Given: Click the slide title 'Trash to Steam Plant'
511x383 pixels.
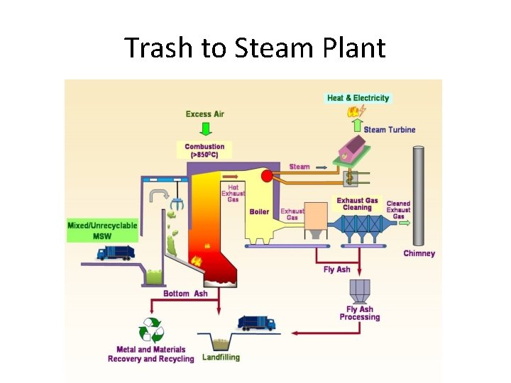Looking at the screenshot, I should (255, 48).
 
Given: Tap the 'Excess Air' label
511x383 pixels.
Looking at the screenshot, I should (205, 114).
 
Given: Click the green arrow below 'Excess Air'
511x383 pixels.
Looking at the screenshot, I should (206, 128).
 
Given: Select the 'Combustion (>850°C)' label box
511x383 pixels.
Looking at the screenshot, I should (205, 150).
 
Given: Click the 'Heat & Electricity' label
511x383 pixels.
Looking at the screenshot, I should (358, 98).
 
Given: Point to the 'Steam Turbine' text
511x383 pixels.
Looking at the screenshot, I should (390, 130).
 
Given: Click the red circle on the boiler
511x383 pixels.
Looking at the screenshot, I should (267, 176).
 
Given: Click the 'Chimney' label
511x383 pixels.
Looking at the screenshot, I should (419, 253).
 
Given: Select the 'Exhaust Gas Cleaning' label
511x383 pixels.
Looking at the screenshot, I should (358, 204).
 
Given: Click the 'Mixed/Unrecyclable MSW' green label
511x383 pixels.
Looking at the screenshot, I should (103, 231).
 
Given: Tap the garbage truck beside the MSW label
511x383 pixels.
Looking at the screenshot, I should (116, 252).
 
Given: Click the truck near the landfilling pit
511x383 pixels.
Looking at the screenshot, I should (256, 323).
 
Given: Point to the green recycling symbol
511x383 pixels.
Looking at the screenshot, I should (151, 330).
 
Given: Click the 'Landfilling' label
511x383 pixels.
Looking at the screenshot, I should (221, 357).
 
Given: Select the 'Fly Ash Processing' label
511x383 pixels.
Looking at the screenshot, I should (360, 313).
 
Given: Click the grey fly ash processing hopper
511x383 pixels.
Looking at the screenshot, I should (359, 290).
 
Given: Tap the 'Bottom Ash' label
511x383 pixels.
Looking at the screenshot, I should (185, 294).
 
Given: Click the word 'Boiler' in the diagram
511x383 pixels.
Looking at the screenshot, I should (259, 211).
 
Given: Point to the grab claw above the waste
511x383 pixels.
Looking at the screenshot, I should (177, 204).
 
